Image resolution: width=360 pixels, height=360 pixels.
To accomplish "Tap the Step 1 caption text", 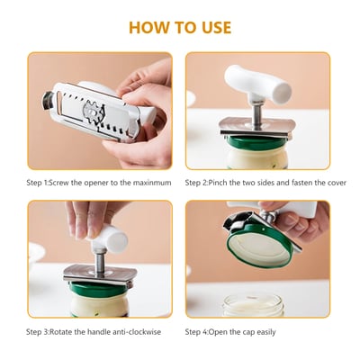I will tap(100, 182).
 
